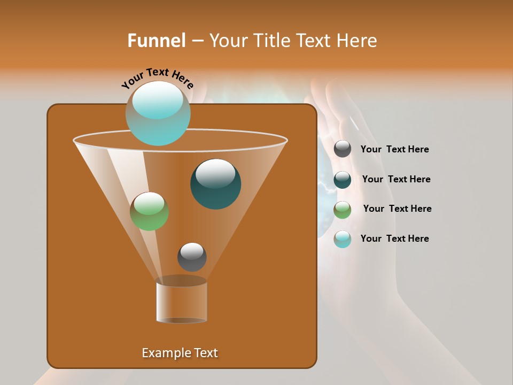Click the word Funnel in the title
tap(157, 41)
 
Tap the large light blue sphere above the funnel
tap(158, 113)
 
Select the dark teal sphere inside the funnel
tap(215, 184)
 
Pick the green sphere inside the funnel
tap(150, 211)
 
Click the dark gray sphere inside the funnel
tap(192, 257)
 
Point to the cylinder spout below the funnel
tap(182, 302)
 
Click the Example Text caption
tap(180, 353)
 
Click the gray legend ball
tap(343, 149)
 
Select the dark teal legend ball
tap(343, 180)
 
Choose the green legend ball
tap(343, 210)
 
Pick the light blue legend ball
tap(343, 239)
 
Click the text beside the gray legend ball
tap(394, 150)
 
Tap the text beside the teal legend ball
tap(396, 180)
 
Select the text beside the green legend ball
tap(397, 209)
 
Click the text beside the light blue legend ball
tap(394, 238)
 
